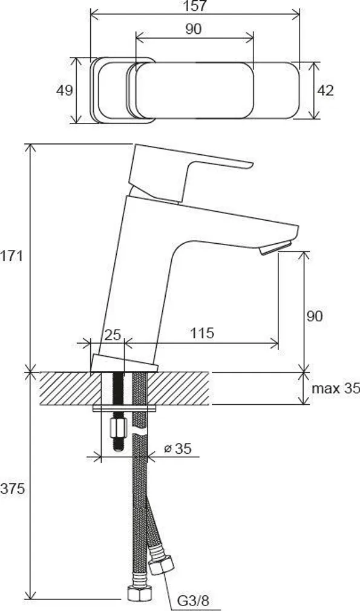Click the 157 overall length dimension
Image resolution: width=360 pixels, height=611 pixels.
click(195, 7)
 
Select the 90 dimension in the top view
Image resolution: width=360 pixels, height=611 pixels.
click(194, 29)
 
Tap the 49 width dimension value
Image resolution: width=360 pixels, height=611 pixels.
click(65, 91)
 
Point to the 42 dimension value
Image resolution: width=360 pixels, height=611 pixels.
click(326, 91)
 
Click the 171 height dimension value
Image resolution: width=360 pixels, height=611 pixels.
click(11, 256)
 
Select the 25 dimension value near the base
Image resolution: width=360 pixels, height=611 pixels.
click(113, 334)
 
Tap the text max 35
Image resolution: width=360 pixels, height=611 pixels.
click(335, 388)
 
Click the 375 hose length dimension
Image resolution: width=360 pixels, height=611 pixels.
click(13, 489)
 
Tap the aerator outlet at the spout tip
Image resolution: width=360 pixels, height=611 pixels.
click(276, 248)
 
